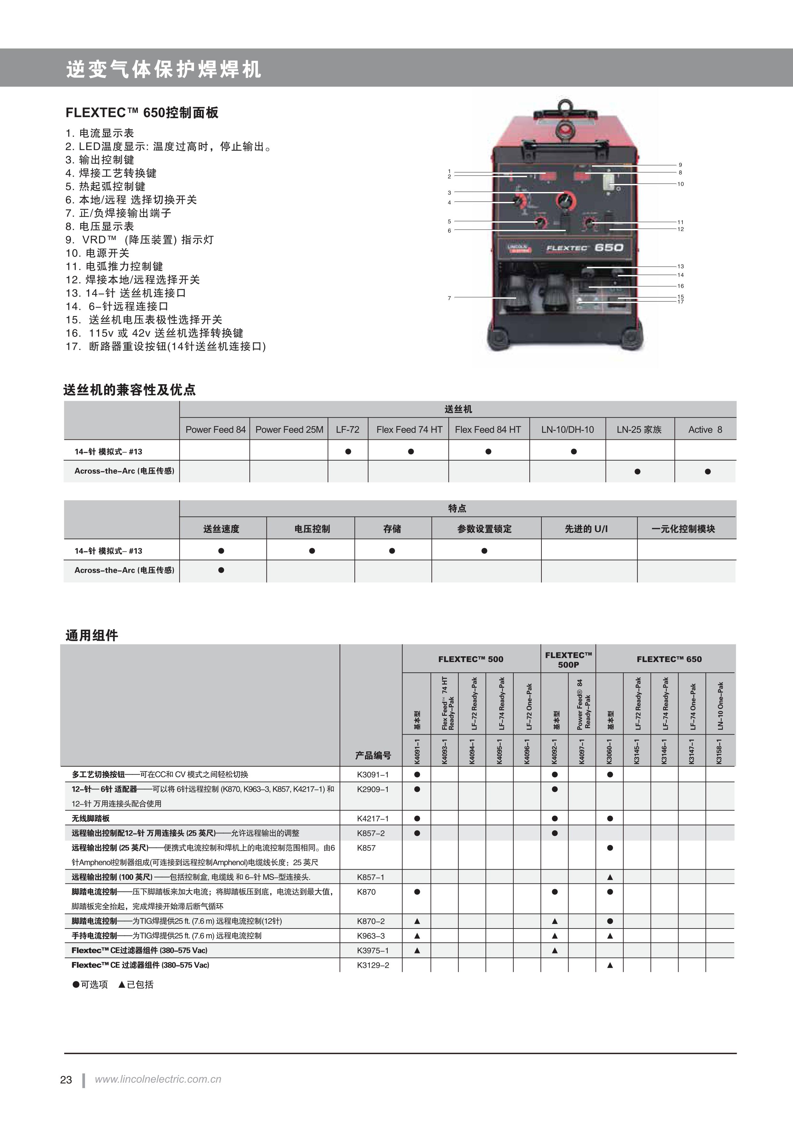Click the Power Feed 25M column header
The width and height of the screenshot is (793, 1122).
pos(289,430)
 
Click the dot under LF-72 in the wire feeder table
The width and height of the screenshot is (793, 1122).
pos(348,452)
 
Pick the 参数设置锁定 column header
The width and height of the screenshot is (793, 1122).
pos(484,529)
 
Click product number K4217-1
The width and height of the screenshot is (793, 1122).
pos(373,818)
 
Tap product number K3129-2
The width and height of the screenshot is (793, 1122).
pos(373,965)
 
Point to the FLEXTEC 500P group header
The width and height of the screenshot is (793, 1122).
pos(568,659)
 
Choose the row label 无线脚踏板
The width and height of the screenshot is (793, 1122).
pos(91,818)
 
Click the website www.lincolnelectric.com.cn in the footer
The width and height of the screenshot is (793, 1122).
pos(158,1079)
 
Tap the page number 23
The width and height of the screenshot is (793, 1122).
pos(66,1080)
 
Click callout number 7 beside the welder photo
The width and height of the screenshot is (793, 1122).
pos(449,298)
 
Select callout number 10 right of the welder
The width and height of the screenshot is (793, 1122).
pos(680,184)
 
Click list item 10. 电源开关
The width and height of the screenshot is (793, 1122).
pos(98,253)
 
